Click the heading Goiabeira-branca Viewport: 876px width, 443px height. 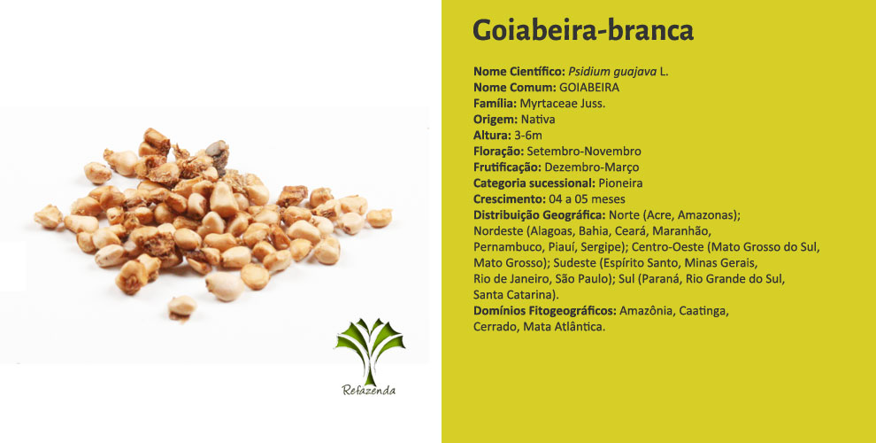click(583, 30)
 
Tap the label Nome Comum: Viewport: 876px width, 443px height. click(514, 88)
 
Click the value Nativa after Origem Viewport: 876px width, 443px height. click(538, 119)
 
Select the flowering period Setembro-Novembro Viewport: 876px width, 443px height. click(584, 151)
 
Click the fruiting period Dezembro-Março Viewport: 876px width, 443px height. click(592, 167)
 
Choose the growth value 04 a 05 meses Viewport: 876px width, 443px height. click(587, 199)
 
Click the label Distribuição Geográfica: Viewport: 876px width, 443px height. click(539, 215)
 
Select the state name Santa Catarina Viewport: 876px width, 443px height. click(514, 295)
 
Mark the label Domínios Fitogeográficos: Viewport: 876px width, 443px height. click(545, 311)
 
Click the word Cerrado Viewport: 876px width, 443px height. click(495, 327)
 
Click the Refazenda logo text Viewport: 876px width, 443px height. click(369, 391)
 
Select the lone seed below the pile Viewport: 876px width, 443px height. click(182, 307)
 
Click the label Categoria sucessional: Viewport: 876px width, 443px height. click(534, 183)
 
